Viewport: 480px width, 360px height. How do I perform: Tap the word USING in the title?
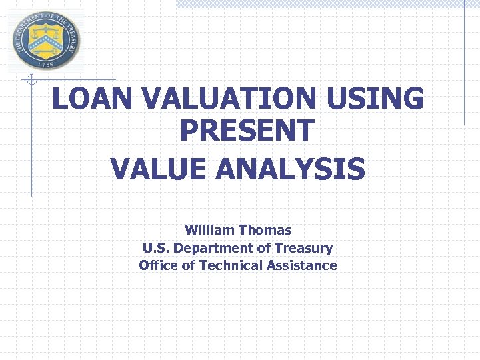click(x=375, y=100)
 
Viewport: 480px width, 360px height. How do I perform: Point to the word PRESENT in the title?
click(x=246, y=131)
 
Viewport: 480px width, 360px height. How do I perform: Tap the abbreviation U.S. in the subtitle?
click(x=155, y=248)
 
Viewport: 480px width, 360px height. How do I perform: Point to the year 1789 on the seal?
click(x=45, y=64)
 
